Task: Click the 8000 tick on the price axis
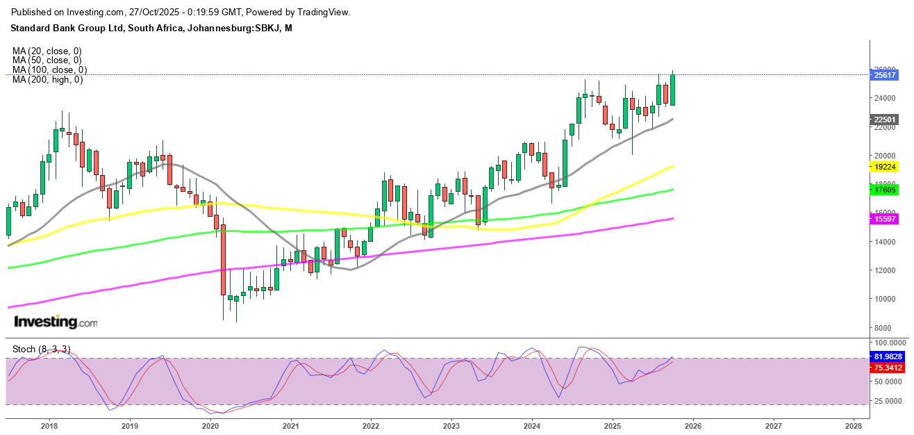[884, 328]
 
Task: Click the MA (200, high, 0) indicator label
[47, 80]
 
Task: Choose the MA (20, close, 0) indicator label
[47, 51]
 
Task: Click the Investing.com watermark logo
[56, 322]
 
